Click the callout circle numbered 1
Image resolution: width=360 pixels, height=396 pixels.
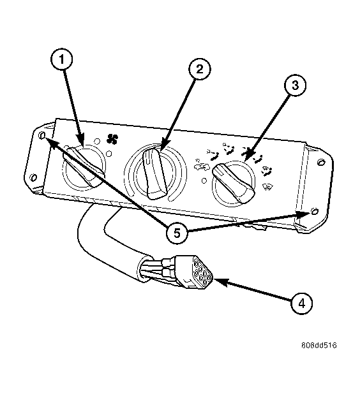coord(61,59)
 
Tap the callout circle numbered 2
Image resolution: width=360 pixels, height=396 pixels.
coord(199,69)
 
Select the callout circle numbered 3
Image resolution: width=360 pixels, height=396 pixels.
coord(295,85)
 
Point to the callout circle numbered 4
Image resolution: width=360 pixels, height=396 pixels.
coord(302,304)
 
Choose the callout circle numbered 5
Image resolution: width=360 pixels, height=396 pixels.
coord(177,233)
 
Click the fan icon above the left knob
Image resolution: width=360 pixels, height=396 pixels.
coord(112,139)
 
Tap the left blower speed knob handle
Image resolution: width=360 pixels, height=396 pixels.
coord(84,166)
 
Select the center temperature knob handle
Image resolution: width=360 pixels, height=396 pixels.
coord(154,173)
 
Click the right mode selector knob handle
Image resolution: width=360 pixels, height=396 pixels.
coord(233,183)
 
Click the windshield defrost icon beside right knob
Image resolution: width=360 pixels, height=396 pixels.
coord(267,187)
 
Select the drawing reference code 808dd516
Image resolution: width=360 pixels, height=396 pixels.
coord(319,345)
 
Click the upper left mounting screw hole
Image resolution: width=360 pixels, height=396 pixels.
coord(41,135)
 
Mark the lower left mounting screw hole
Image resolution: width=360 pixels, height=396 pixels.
coord(34,177)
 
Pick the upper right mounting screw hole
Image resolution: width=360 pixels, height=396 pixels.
coord(321,161)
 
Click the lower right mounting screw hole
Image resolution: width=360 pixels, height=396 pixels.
coord(314,211)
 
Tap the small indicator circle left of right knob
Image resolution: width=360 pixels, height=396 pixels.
coord(204,181)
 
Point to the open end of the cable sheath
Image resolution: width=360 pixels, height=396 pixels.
coord(144,268)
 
